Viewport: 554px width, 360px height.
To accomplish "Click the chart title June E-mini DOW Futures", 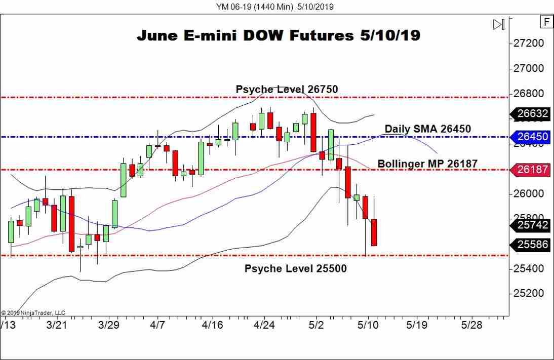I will click(279, 35).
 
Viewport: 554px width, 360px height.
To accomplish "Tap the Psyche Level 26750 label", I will click(287, 90).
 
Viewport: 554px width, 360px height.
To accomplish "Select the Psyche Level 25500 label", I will click(295, 268).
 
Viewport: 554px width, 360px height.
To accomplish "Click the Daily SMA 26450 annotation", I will click(427, 129).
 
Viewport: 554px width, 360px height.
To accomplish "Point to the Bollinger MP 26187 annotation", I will click(427, 164).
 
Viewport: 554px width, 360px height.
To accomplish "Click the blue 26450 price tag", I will click(532, 137).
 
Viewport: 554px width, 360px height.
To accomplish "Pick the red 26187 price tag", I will click(532, 170).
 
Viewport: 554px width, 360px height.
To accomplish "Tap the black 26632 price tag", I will click(532, 114).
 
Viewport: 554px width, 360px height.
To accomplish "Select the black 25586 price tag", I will click(532, 245).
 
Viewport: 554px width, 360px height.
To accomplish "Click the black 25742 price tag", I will click(532, 224).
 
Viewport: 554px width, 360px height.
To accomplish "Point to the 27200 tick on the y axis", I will click(530, 43).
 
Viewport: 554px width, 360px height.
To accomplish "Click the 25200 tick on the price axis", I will click(530, 293).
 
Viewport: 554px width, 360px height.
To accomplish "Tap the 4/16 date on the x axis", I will click(213, 325).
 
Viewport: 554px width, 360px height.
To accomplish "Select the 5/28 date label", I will click(471, 325).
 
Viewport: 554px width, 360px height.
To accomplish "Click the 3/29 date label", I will click(109, 325).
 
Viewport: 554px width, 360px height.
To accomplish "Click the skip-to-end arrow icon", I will click(499, 24).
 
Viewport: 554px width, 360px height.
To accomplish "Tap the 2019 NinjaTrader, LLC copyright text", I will click(33, 313).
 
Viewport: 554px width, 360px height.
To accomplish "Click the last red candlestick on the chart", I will click(374, 233).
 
